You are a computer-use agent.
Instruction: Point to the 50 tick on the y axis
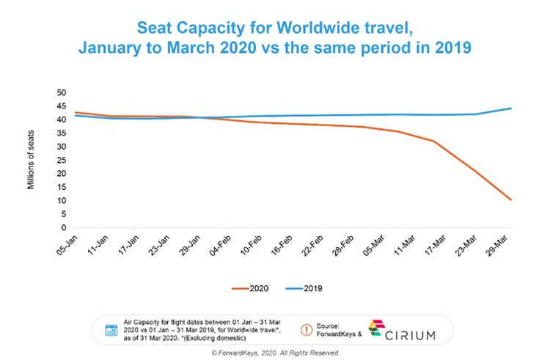61,93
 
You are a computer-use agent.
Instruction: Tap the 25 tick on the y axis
61,161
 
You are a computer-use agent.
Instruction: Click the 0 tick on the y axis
63,228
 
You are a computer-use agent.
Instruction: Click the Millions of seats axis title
31,161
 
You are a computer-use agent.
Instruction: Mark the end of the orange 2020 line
511,199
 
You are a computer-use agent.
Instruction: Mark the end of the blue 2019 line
511,109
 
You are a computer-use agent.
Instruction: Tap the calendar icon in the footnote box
111,330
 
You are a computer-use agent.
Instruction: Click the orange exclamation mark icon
307,330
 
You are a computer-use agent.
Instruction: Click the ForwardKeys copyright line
274,353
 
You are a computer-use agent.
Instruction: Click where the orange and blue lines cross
199,117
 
